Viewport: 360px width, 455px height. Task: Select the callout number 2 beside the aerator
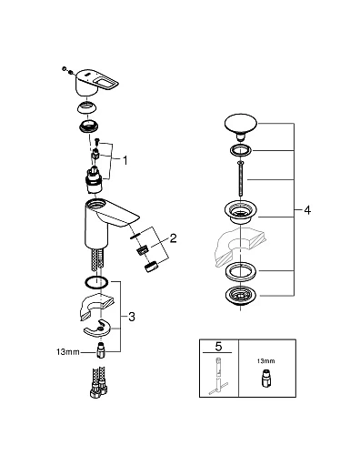click(x=174, y=240)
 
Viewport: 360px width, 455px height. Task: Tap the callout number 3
click(x=132, y=317)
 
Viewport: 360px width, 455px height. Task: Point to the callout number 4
click(x=308, y=210)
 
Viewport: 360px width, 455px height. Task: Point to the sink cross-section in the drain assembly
click(x=240, y=244)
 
